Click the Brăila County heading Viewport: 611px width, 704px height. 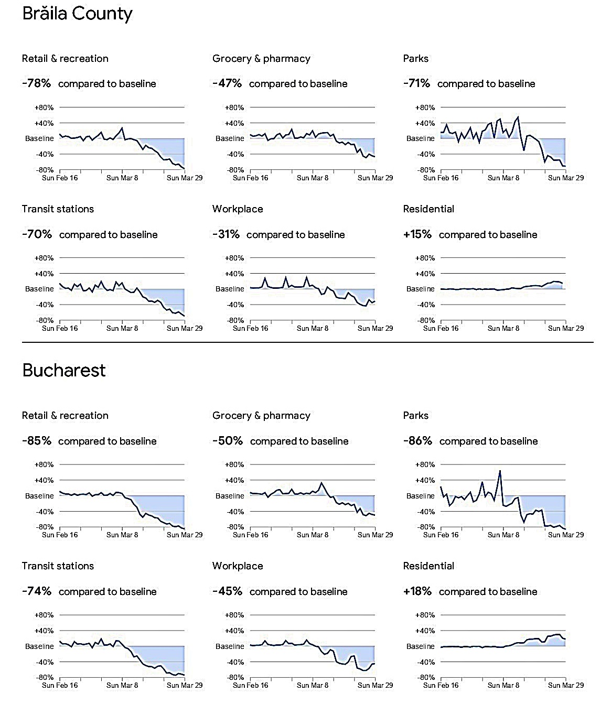coord(77,14)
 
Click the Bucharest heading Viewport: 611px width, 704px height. coord(64,370)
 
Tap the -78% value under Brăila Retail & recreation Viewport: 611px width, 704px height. coord(37,83)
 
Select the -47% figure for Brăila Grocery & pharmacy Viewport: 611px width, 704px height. coord(227,83)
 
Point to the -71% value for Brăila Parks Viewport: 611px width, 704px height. coord(416,83)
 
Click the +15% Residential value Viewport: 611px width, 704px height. coord(417,234)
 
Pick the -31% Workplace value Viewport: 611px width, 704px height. coord(226,234)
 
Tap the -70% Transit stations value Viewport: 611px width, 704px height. coord(37,234)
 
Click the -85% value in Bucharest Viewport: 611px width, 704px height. coord(37,441)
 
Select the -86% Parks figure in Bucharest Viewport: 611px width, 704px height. coord(417,441)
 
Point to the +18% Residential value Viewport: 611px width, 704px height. coord(417,591)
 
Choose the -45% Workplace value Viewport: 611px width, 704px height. coord(227,591)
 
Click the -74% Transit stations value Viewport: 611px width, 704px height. coord(37,591)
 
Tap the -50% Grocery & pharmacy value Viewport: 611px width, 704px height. coord(228,441)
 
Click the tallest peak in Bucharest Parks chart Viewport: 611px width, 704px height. coord(500,471)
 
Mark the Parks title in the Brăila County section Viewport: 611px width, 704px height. coord(416,59)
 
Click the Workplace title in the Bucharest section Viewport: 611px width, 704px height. coord(238,566)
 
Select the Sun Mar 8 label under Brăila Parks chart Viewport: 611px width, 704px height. coord(503,178)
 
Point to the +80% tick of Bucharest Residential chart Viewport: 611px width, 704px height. coord(425,615)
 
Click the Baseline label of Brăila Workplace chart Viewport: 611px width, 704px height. coord(230,289)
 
